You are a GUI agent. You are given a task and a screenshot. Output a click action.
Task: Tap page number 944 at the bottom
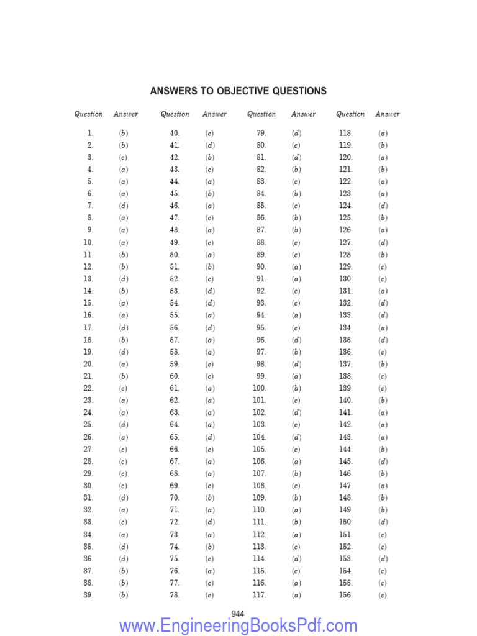point(237,614)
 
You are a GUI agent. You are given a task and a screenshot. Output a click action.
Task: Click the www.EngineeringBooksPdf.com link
point(238,625)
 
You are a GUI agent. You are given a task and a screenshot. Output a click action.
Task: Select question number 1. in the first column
point(90,133)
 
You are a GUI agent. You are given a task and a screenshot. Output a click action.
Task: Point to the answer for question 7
point(124,206)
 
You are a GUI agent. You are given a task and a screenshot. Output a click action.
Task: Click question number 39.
point(88,595)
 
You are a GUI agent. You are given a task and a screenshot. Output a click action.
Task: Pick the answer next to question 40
point(209,133)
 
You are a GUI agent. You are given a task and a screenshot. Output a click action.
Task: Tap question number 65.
point(175,437)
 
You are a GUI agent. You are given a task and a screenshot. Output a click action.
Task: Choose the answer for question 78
point(209,595)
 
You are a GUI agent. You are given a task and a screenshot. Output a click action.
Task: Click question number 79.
point(261,133)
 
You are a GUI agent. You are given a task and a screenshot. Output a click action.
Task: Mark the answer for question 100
point(296,388)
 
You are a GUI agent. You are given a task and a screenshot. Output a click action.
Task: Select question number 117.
point(259,595)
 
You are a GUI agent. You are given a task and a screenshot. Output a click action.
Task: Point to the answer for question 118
point(383,133)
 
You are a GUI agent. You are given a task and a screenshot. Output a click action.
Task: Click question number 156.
point(346,595)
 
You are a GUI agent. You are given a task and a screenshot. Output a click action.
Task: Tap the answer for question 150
point(383,522)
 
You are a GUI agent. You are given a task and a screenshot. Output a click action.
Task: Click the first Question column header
point(88,114)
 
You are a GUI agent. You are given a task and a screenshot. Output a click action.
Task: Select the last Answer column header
point(388,114)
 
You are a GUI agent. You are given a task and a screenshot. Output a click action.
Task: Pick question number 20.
point(88,364)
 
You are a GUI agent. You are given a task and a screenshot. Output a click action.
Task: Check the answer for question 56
point(209,328)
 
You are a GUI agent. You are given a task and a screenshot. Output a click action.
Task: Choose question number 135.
point(346,340)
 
